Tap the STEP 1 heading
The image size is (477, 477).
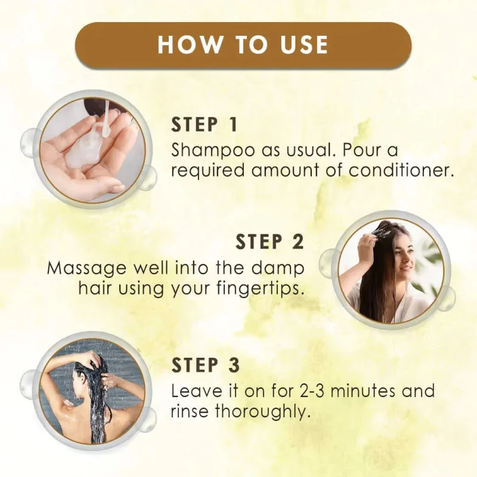pos(204,125)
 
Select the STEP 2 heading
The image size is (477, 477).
pos(270,241)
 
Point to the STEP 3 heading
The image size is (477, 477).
pos(205,365)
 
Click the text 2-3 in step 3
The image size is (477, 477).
pos(309,391)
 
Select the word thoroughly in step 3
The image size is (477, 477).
pos(263,412)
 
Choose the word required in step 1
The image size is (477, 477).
pos(207,171)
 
